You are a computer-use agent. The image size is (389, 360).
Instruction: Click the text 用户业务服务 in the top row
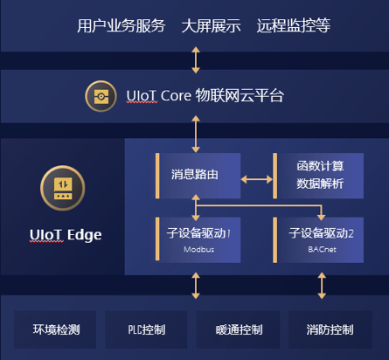click(122, 25)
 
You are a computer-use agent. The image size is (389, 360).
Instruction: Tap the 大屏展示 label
click(211, 25)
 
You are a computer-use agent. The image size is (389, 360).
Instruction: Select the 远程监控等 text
click(294, 25)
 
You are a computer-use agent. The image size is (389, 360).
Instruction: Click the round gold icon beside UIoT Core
click(101, 96)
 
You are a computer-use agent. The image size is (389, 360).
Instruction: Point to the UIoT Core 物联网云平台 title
click(205, 95)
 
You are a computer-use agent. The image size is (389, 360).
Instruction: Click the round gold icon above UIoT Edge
click(63, 188)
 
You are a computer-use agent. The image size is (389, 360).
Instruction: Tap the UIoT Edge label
click(66, 235)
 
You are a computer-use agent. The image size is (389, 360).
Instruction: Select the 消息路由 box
click(198, 176)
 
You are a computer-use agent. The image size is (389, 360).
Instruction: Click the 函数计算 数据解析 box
click(318, 176)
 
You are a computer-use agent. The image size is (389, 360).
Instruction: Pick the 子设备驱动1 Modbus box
click(198, 240)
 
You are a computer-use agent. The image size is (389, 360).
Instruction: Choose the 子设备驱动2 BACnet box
click(318, 240)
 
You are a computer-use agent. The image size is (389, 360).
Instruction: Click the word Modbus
click(198, 249)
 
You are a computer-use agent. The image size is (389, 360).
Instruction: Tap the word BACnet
click(322, 249)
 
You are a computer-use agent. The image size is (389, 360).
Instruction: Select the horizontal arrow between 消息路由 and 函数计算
click(257, 179)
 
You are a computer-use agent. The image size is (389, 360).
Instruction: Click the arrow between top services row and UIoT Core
click(196, 60)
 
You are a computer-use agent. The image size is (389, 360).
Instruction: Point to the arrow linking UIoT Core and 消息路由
click(196, 134)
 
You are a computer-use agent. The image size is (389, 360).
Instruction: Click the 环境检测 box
click(55, 329)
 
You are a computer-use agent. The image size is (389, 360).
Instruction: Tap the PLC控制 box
click(146, 329)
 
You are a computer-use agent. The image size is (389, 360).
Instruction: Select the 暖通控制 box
click(238, 329)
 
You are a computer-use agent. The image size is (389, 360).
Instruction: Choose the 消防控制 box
click(330, 329)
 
